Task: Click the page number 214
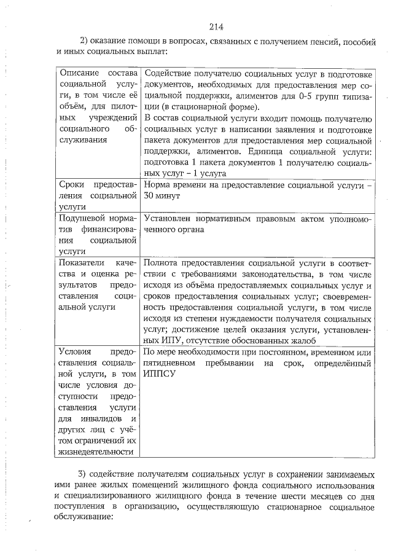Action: point(215,26)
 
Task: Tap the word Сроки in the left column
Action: point(72,184)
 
